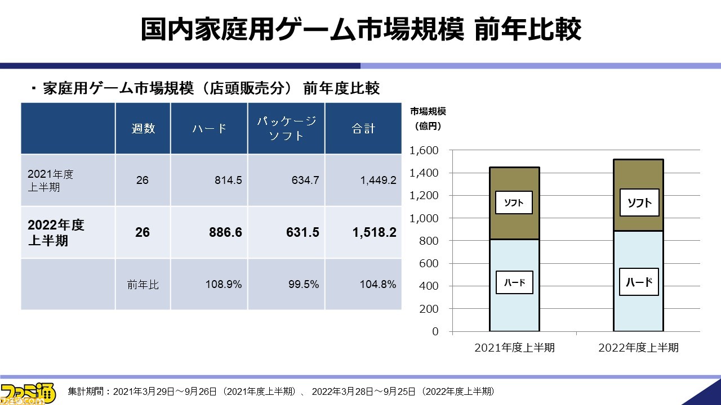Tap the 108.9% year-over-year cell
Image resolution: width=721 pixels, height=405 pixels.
(223, 285)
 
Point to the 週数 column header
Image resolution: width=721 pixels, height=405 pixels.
(143, 129)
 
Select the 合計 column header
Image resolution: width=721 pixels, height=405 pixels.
(363, 129)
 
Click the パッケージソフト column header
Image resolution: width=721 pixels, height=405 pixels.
(286, 128)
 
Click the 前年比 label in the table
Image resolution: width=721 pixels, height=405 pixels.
(143, 285)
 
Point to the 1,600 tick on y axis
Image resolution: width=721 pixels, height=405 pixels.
(424, 151)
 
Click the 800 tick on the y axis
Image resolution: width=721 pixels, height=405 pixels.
(428, 241)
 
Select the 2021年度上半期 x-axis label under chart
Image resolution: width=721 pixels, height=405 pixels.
(514, 348)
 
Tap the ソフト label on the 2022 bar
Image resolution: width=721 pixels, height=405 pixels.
(639, 203)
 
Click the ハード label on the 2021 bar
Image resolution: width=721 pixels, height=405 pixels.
(514, 282)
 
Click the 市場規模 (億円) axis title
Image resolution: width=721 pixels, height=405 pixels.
(428, 119)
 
